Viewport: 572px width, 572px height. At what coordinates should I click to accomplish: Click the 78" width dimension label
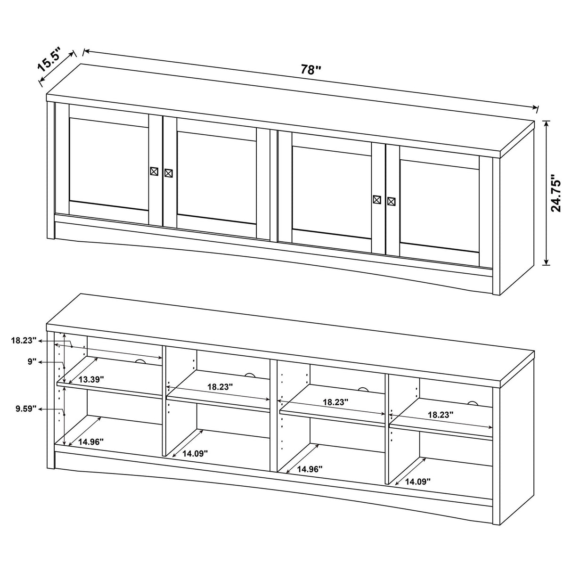point(311,70)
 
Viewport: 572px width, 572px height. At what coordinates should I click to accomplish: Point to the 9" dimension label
point(32,362)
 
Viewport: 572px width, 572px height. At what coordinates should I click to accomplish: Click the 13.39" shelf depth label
point(91,379)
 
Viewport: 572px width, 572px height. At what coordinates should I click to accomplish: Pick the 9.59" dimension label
point(25,409)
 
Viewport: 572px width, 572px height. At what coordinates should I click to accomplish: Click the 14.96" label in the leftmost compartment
point(91,441)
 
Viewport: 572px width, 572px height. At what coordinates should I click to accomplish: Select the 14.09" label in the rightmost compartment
point(418,481)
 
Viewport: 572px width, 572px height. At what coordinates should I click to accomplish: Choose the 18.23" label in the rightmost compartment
point(441,415)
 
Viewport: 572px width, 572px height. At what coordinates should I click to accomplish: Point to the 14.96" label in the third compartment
point(310,469)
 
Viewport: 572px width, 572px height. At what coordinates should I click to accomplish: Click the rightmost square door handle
point(391,201)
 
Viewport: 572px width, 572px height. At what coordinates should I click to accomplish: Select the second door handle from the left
point(168,172)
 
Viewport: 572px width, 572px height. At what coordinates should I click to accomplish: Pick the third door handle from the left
point(376,199)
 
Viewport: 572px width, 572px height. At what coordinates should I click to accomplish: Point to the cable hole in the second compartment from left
point(249,375)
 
